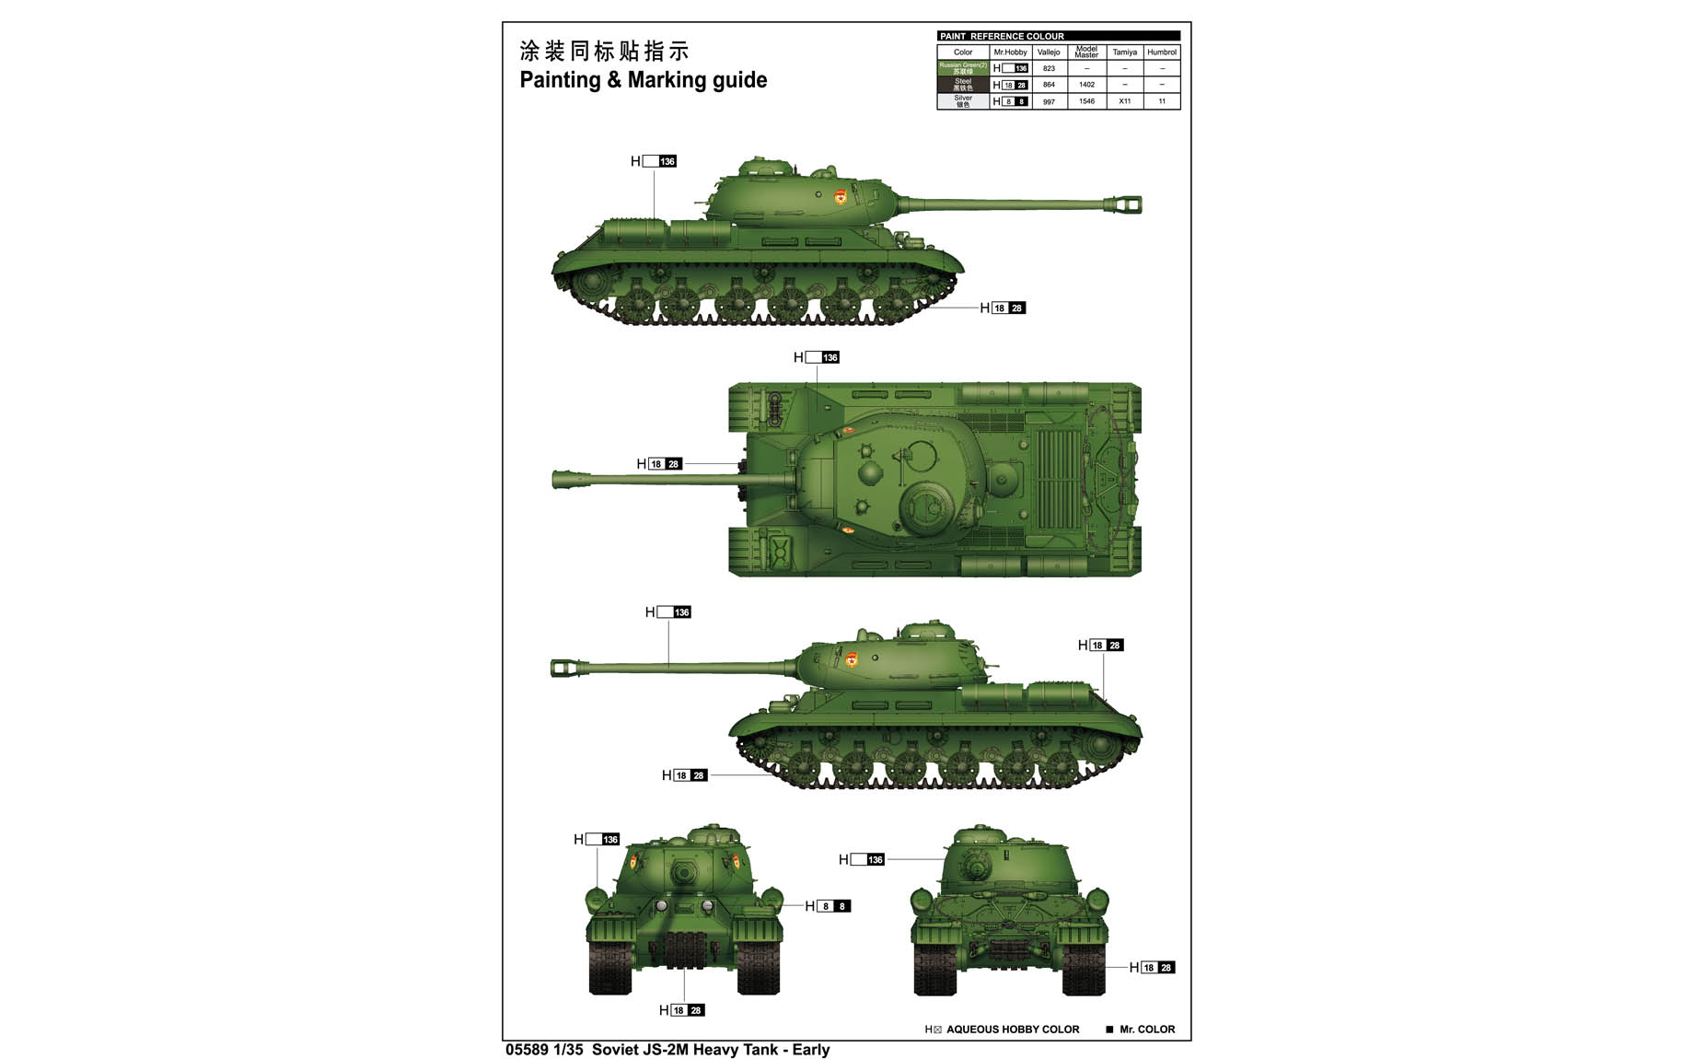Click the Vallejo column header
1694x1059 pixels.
(x=1049, y=52)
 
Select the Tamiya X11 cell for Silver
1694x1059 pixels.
(x=1124, y=101)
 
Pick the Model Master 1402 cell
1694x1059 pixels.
(x=1086, y=85)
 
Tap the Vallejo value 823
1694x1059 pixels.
(x=1049, y=68)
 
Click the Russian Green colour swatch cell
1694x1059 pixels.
(x=963, y=68)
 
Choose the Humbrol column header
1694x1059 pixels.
(x=1162, y=52)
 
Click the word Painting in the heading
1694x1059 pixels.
(x=560, y=80)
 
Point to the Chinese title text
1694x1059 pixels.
(x=604, y=51)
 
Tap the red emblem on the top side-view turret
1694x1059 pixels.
(x=840, y=198)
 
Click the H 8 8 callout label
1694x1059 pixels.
(x=828, y=906)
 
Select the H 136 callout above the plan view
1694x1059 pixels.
(x=817, y=357)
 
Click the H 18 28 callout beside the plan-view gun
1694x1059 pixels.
(x=659, y=464)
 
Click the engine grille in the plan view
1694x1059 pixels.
(x=1058, y=479)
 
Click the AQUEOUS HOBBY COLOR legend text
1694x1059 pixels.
(x=1012, y=1030)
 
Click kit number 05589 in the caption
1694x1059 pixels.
(x=527, y=1050)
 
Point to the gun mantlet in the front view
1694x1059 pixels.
(x=683, y=871)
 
